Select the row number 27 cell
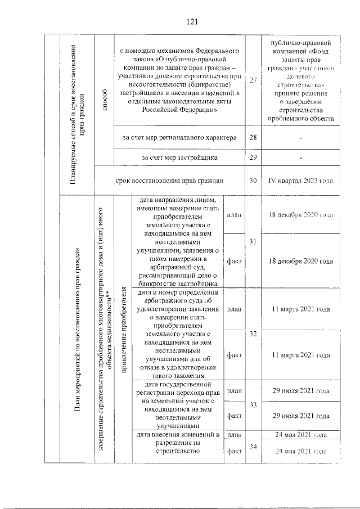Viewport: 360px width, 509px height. click(253, 80)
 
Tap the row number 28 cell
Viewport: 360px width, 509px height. click(253, 138)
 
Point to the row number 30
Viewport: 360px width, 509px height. click(253, 181)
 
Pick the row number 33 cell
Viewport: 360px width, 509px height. click(253, 405)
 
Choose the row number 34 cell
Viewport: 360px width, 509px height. click(253, 447)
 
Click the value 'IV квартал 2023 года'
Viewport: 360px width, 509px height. click(301, 181)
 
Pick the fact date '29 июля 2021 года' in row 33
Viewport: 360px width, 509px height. click(301, 416)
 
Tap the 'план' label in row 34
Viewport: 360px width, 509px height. click(234, 435)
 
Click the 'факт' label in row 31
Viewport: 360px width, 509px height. click(234, 262)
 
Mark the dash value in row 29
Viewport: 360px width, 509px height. click(301, 157)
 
